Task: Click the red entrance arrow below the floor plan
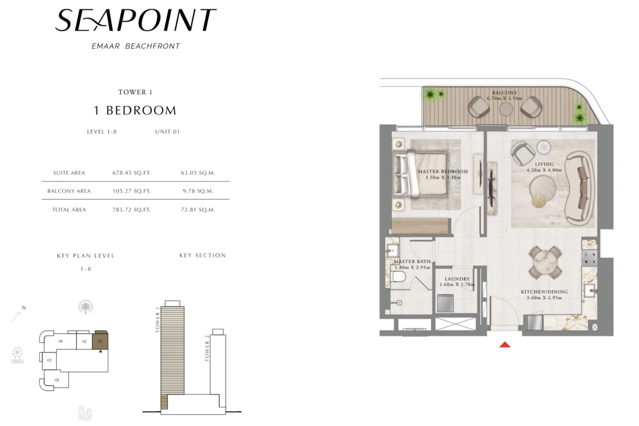pyautogui.click(x=505, y=345)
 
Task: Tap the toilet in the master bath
pyautogui.click(x=399, y=276)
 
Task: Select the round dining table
pyautogui.click(x=545, y=262)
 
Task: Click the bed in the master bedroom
pyautogui.click(x=420, y=175)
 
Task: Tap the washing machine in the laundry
pyautogui.click(x=445, y=303)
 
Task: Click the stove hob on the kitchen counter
pyautogui.click(x=589, y=258)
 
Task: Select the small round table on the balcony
pyautogui.click(x=506, y=109)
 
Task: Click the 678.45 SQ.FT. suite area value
pyautogui.click(x=132, y=173)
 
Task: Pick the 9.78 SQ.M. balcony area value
pyautogui.click(x=198, y=191)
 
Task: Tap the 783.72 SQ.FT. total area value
pyautogui.click(x=132, y=210)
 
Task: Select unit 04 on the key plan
pyautogui.click(x=60, y=341)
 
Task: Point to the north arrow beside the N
pyautogui.click(x=16, y=317)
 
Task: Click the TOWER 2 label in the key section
pyautogui.click(x=207, y=348)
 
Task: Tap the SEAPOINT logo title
pyautogui.click(x=136, y=20)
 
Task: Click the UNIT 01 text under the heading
pyautogui.click(x=167, y=132)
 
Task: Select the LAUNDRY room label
pyautogui.click(x=457, y=279)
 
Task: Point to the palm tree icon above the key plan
pyautogui.click(x=86, y=307)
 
